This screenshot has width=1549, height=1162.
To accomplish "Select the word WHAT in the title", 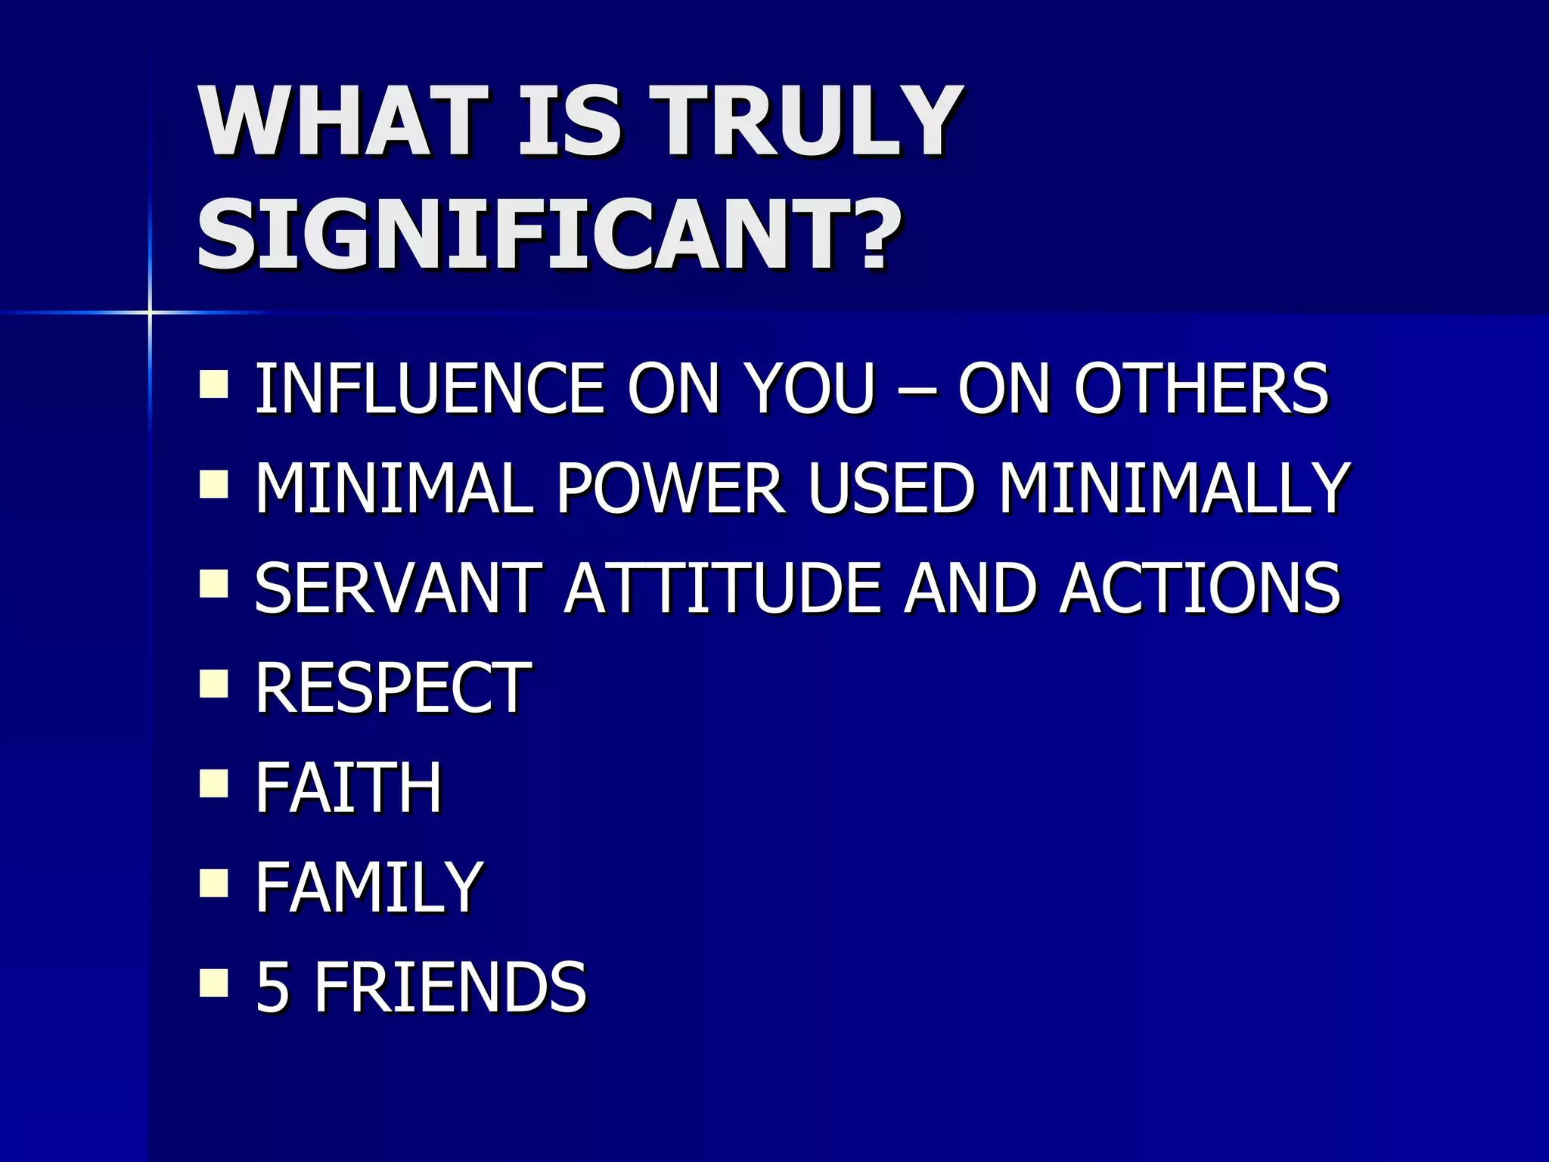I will point(341,121).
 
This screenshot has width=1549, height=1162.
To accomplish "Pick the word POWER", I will point(670,488).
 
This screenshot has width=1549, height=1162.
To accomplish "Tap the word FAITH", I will point(349,788).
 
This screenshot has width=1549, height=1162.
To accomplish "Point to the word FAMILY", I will point(369,887).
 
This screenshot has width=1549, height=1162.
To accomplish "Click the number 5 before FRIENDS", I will point(272,987).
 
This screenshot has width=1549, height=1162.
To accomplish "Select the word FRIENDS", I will point(450,987).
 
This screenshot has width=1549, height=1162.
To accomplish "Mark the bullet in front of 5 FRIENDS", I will point(214,983).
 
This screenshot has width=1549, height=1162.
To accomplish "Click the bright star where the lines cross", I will point(150,312).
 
